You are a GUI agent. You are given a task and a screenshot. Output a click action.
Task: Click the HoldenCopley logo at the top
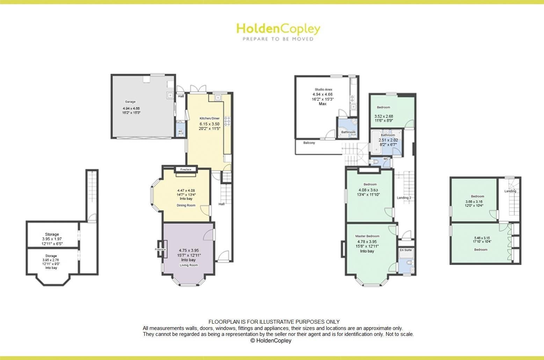click(x=278, y=29)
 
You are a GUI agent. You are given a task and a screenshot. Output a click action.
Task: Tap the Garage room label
click(x=130, y=102)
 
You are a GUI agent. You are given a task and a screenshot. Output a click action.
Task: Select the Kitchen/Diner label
click(x=210, y=118)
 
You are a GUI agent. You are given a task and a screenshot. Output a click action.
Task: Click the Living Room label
click(x=189, y=265)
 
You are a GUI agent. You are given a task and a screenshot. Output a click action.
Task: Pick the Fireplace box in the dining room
click(x=186, y=169)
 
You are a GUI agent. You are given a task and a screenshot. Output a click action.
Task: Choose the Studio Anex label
click(x=322, y=90)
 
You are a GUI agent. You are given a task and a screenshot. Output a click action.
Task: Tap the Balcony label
click(x=309, y=143)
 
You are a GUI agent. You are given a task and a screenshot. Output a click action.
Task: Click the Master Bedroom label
click(x=367, y=236)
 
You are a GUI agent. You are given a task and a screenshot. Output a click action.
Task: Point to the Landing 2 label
click(x=404, y=198)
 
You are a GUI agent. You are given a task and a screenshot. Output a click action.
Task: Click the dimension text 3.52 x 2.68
click(x=384, y=116)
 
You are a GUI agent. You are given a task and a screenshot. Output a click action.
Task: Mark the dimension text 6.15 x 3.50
click(x=210, y=124)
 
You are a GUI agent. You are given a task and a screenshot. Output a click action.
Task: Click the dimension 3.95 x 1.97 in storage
click(x=52, y=239)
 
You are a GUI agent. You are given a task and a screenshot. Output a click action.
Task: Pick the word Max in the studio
click(x=322, y=104)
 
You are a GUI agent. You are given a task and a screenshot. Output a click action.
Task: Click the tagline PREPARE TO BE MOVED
click(x=278, y=39)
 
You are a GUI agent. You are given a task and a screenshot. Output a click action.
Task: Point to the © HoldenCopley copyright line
click(x=270, y=340)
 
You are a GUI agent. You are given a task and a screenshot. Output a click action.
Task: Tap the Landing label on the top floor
click(x=510, y=191)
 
